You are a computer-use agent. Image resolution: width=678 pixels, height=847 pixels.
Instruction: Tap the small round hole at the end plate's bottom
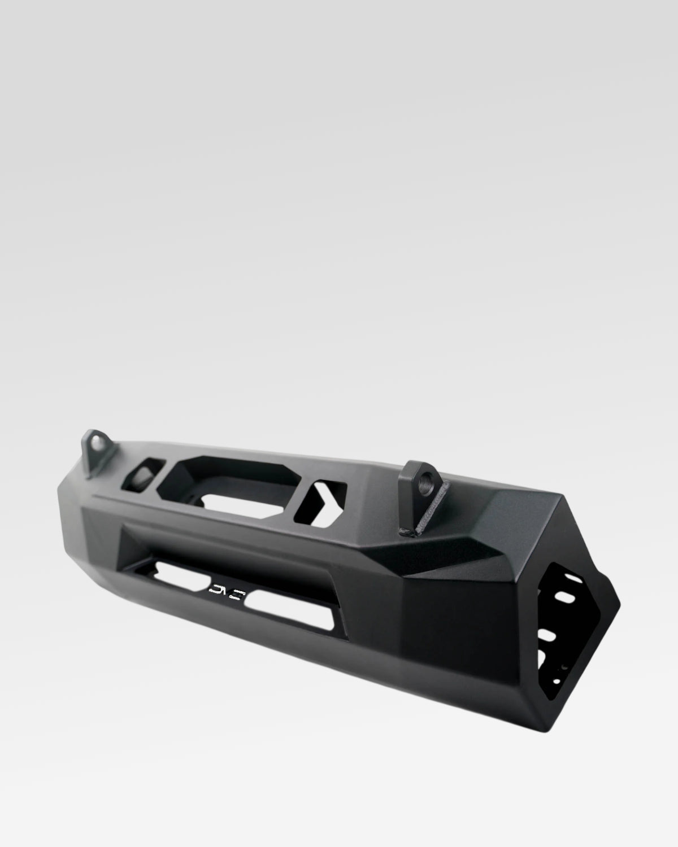click(560, 667)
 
